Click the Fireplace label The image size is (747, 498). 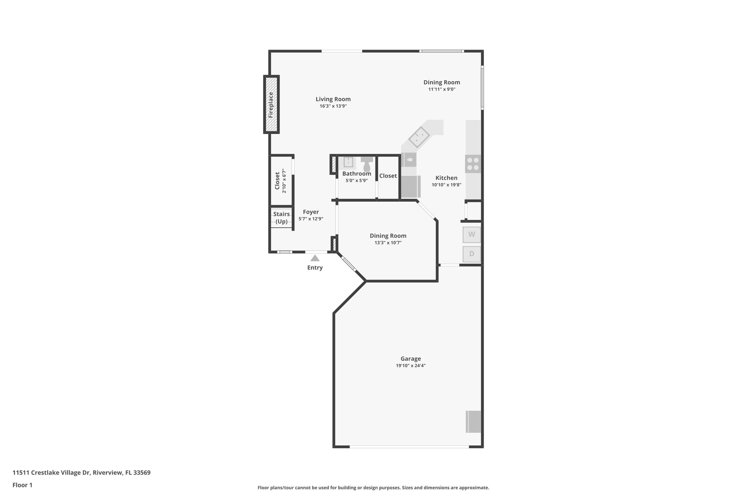(271, 105)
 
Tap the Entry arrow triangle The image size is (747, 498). (315, 258)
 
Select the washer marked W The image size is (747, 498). (472, 235)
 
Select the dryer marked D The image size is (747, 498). (472, 254)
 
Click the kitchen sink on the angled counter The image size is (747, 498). (419, 138)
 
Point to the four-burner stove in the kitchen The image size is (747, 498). (473, 164)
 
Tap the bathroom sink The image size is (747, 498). (348, 162)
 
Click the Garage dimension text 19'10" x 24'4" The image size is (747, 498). (411, 366)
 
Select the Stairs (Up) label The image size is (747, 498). (281, 218)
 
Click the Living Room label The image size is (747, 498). (333, 99)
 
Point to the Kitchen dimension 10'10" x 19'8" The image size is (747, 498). (446, 185)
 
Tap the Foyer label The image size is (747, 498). (311, 212)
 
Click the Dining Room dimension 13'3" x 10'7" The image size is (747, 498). (388, 243)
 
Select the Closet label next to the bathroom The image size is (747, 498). (388, 176)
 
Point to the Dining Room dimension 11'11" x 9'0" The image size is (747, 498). (442, 89)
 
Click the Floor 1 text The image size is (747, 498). (22, 485)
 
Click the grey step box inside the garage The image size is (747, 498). (473, 422)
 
